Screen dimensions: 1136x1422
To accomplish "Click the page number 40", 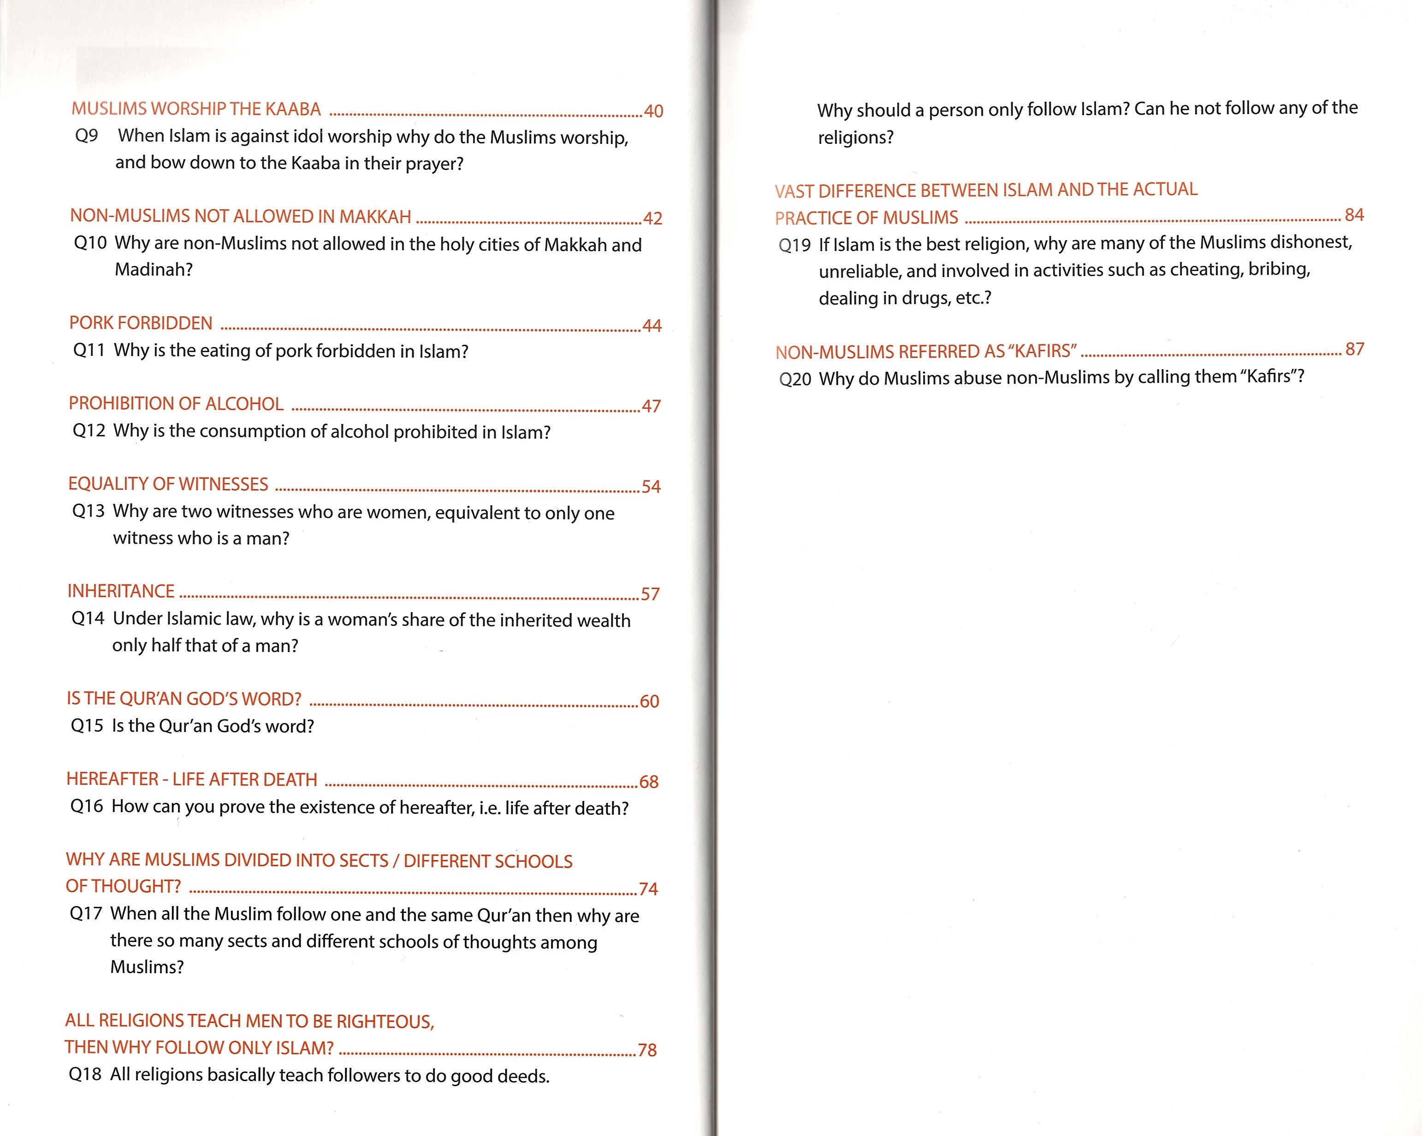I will pyautogui.click(x=653, y=112).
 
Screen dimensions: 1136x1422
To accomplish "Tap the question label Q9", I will pyautogui.click(x=86, y=136).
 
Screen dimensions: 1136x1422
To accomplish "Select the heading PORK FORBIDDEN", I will pyautogui.click(x=141, y=323).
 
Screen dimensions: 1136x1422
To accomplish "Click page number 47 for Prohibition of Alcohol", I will pyautogui.click(x=651, y=406).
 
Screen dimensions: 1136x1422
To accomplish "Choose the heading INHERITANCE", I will pyautogui.click(x=121, y=591).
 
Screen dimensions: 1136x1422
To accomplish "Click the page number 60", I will pyautogui.click(x=649, y=701).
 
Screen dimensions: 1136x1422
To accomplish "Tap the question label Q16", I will pyautogui.click(x=86, y=806).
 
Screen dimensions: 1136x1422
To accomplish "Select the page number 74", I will pyautogui.click(x=648, y=889).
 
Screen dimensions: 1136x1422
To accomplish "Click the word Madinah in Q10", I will pyautogui.click(x=153, y=270).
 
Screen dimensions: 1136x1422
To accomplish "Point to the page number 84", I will pyautogui.click(x=1354, y=215).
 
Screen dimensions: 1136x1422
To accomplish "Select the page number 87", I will pyautogui.click(x=1354, y=349).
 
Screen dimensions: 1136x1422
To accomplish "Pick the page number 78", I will pyautogui.click(x=647, y=1050).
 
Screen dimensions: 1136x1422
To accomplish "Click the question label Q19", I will pyautogui.click(x=794, y=245).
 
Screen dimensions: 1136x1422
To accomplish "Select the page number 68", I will pyautogui.click(x=648, y=782).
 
